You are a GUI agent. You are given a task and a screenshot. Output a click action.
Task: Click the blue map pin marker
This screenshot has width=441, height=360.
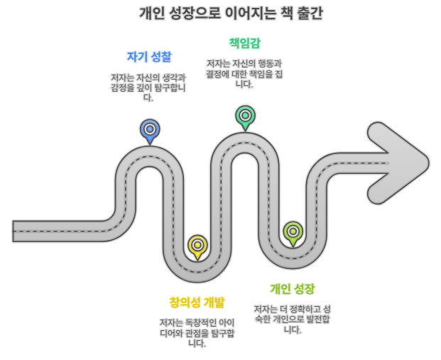[149, 130]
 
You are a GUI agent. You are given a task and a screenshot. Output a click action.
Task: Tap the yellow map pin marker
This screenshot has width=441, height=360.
[197, 246]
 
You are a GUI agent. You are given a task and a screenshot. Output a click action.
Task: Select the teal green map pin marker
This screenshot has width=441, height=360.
[245, 116]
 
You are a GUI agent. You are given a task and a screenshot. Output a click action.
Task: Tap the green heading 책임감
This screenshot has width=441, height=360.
[244, 43]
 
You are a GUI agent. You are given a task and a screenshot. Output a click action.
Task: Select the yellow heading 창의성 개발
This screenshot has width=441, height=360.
[197, 303]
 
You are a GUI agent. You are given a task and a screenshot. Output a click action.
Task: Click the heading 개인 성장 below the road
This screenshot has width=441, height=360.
[292, 289]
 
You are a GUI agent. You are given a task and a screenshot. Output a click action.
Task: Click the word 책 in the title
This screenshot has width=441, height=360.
[278, 13]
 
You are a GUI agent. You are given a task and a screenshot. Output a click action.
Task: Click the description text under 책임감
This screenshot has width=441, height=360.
[244, 73]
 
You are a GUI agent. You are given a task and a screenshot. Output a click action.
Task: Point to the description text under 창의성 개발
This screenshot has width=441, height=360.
[197, 333]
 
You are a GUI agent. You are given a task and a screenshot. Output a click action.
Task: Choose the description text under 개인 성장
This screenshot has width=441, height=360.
[292, 319]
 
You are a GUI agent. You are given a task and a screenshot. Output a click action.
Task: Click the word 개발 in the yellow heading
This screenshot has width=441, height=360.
[213, 303]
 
